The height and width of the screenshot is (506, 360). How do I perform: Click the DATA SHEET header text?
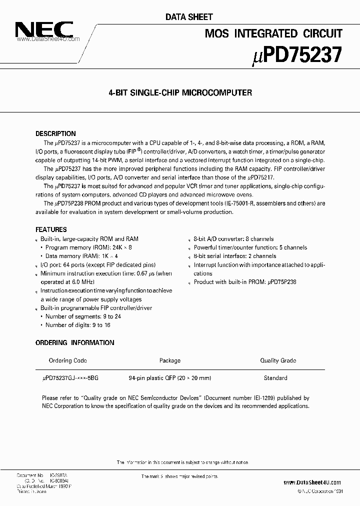(x=189, y=17)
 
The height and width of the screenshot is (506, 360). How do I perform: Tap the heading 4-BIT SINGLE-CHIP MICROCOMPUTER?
(x=180, y=92)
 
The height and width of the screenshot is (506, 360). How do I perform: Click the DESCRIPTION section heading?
(x=55, y=134)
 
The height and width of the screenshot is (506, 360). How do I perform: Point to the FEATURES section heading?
(x=51, y=229)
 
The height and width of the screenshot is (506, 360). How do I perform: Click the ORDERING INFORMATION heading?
(x=75, y=342)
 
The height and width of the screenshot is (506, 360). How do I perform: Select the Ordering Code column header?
(x=67, y=360)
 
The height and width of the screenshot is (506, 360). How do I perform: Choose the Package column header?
(x=169, y=360)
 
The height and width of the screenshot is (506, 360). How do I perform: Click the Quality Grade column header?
(x=278, y=360)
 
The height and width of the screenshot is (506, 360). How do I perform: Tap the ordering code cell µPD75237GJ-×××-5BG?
(x=70, y=378)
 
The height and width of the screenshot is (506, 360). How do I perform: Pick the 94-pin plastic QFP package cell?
(x=169, y=378)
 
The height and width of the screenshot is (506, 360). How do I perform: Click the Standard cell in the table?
(x=275, y=378)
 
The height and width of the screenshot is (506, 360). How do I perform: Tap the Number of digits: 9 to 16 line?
(x=78, y=325)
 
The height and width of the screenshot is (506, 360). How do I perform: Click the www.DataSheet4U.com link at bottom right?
(x=312, y=482)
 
